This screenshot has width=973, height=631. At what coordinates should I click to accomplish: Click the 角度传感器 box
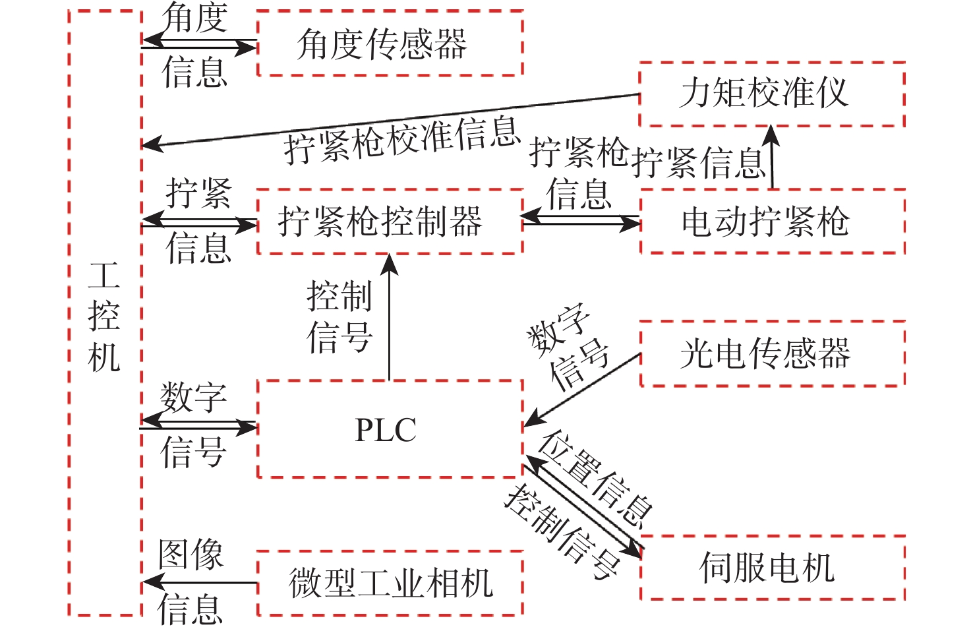[x=390, y=44]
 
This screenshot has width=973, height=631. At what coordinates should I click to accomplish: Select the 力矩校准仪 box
[x=771, y=94]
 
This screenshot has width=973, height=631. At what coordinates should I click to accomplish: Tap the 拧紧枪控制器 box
[x=390, y=222]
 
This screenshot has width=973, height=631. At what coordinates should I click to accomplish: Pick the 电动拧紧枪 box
[x=771, y=222]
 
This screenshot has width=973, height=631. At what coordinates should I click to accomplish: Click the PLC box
[x=390, y=429]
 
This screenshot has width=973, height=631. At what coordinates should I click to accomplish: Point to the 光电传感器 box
[x=771, y=353]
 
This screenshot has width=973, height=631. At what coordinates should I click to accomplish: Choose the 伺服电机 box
[x=771, y=568]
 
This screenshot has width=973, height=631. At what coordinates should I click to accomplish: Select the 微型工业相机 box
[x=390, y=584]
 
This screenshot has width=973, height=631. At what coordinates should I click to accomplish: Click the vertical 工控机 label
[x=104, y=316]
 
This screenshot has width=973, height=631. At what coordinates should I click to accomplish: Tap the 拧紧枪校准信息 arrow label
[x=402, y=140]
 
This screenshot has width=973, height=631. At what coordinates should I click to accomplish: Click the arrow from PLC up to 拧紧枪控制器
[x=390, y=316]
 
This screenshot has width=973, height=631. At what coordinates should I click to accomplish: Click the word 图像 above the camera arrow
[x=191, y=555]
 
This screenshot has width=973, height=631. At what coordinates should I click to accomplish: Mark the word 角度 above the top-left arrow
[x=195, y=17]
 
